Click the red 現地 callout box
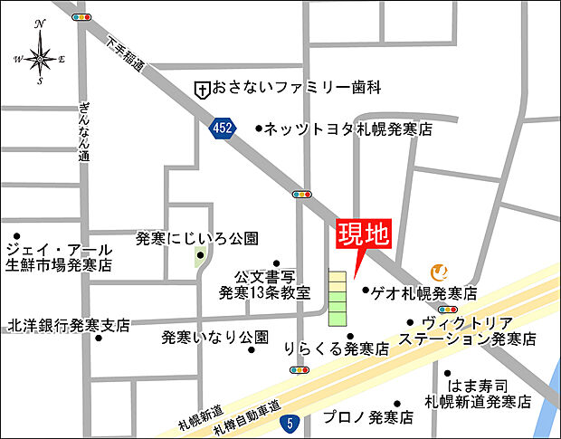point(363,235)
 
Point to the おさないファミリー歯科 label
point(293,88)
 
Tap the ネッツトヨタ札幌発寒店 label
point(347,129)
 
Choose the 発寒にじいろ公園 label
point(196,239)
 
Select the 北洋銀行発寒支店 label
point(69,324)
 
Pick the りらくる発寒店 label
point(336,348)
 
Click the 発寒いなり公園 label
point(214,338)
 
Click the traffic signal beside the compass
point(81,17)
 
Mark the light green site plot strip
point(337,297)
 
